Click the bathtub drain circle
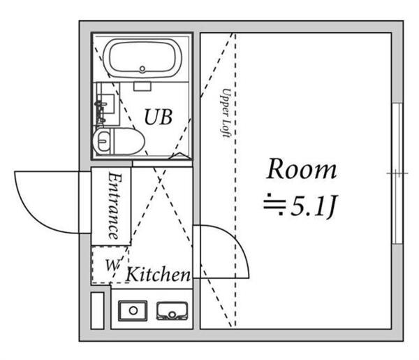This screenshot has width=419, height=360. pos(142,69)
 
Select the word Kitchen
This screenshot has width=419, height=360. pos(158,275)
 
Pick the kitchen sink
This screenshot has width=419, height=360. pos(169,310)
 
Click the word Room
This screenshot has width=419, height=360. pos(302,170)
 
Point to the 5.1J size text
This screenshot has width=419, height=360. pos(311,206)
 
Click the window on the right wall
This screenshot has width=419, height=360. pos(397,173)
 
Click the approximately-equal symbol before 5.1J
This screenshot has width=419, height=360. pos(272,206)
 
